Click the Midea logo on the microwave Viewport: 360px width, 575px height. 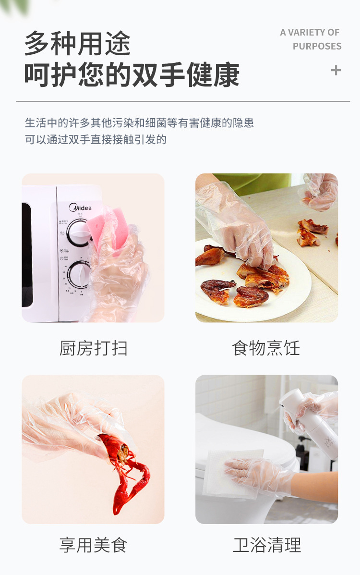[80, 208]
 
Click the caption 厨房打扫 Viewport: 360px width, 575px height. [93, 348]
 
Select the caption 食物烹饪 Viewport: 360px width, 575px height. [266, 348]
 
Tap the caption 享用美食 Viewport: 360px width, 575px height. [93, 545]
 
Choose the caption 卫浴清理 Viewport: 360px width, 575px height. [267, 545]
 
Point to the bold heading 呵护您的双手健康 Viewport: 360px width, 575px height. [132, 75]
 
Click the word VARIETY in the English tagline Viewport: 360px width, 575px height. [307, 32]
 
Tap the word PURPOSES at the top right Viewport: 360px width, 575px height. [317, 46]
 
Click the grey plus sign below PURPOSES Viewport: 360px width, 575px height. [336, 70]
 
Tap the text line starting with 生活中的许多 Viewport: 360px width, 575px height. [139, 122]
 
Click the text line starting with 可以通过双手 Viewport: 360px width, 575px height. [96, 140]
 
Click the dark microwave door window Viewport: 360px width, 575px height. [27, 255]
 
